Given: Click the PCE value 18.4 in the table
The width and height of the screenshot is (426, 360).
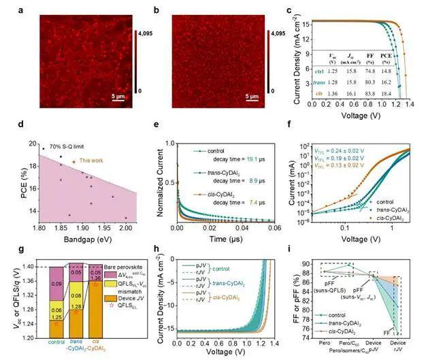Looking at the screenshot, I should pyautogui.click(x=385, y=90).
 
